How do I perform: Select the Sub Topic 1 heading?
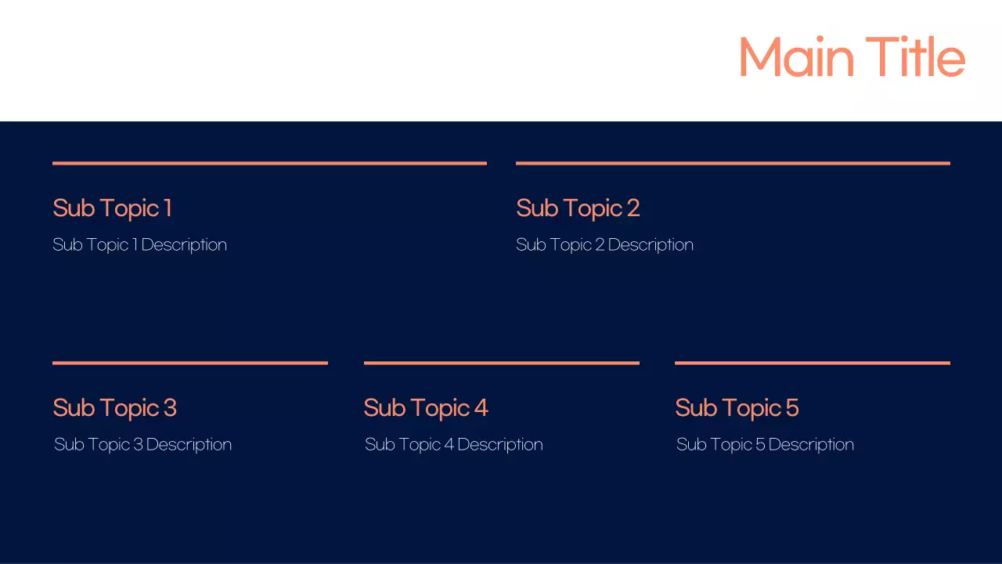pos(112,208)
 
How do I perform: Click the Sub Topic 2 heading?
pos(578,208)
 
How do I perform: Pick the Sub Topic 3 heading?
pos(114,408)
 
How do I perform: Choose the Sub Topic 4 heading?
pos(425,408)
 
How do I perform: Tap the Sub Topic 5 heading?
pos(737,408)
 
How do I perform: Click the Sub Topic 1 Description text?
pos(139,244)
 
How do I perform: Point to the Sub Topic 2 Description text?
pos(604,244)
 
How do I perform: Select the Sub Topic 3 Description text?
pos(142,444)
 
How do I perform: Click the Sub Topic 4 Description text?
pos(453,444)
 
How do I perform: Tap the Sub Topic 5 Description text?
pos(765,444)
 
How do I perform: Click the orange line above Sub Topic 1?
pos(269,163)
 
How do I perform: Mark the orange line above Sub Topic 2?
pos(733,163)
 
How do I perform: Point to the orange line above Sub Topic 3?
pos(189,363)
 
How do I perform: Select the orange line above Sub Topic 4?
pos(501,363)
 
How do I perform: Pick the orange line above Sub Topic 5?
pos(812,363)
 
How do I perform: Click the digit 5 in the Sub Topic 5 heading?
pos(791,408)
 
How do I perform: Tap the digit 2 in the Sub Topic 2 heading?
pos(633,208)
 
